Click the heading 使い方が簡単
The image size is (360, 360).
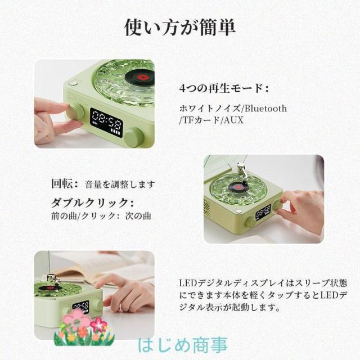pyautogui.click(x=180, y=28)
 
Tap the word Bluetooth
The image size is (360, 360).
pyautogui.click(x=265, y=109)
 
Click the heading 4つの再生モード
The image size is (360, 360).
pyautogui.click(x=221, y=88)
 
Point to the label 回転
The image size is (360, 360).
pyautogui.click(x=61, y=184)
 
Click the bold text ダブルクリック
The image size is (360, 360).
pyautogui.click(x=89, y=202)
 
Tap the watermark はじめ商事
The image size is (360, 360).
pyautogui.click(x=183, y=345)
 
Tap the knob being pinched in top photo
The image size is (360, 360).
pyautogui.click(x=75, y=112)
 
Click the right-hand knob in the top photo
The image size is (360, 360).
pyautogui.click(x=134, y=137)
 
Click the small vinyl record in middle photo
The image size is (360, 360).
pyautogui.click(x=236, y=186)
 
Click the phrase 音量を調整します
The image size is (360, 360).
pyautogui.click(x=120, y=184)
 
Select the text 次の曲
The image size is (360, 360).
pyautogui.click(x=138, y=216)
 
